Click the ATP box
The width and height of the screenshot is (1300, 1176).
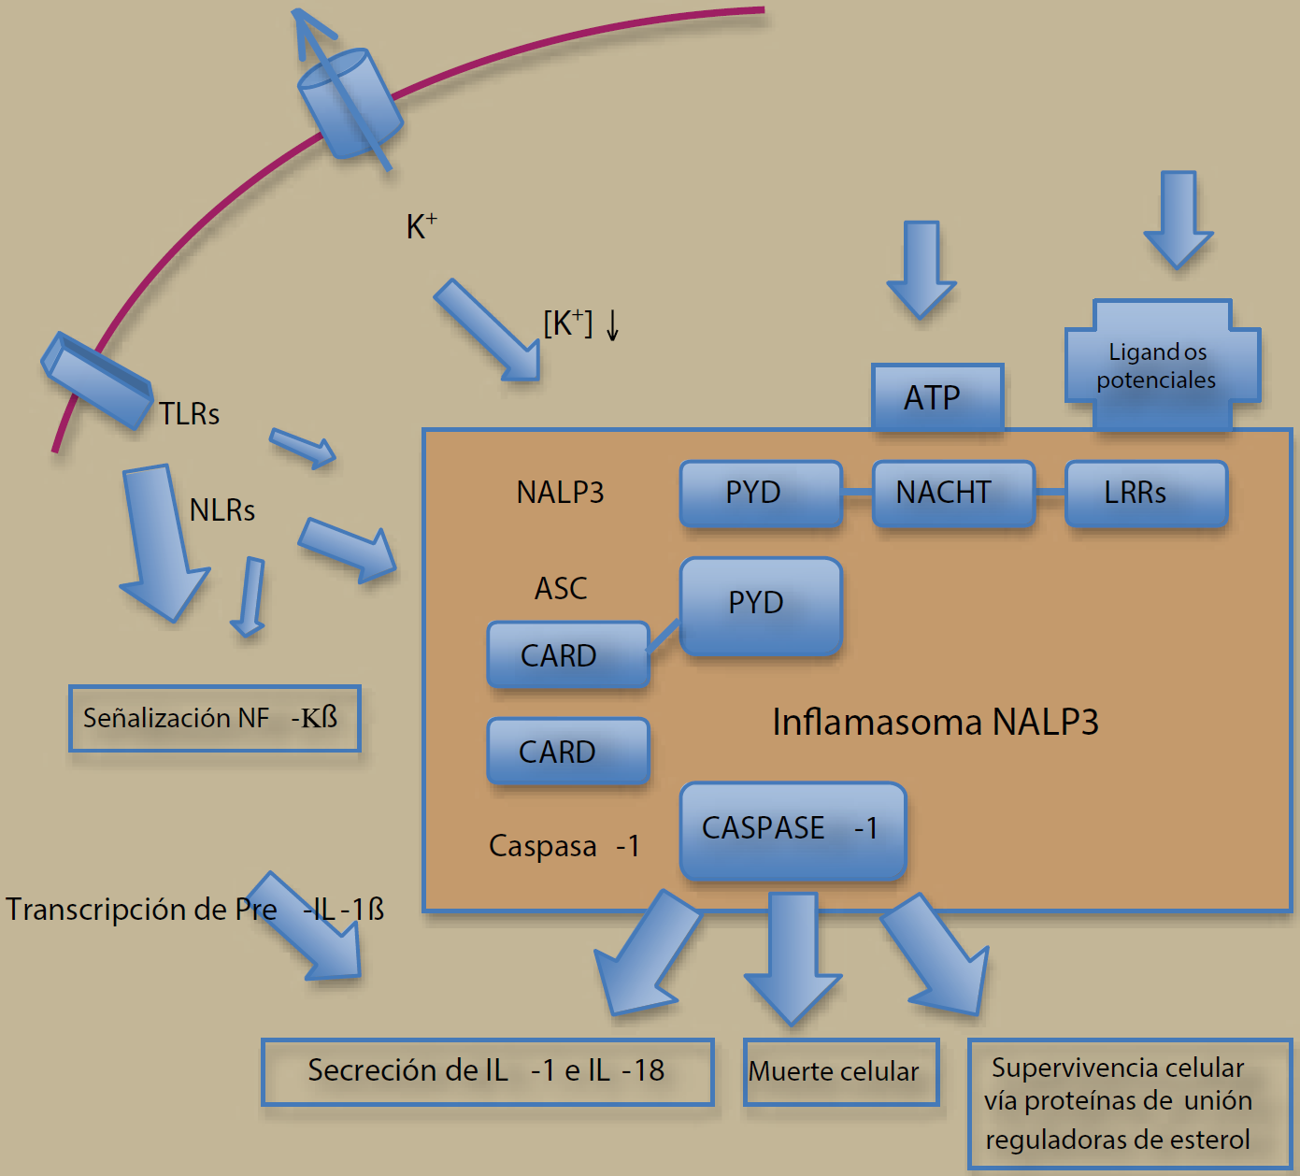937,397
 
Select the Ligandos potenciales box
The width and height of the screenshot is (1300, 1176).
1162,366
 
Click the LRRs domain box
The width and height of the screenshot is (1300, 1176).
1146,493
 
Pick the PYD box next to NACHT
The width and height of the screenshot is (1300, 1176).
761,493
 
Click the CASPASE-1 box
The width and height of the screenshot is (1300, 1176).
793,829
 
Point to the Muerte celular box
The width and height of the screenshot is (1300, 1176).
841,1071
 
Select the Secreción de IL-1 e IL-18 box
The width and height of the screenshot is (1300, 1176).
487,1071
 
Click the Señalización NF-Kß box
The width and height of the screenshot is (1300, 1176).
214,718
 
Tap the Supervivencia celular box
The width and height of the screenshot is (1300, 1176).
1129,1103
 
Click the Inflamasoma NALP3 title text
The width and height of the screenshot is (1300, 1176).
935,723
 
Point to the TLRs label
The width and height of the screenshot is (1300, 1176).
189,414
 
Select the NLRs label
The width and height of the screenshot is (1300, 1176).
221,510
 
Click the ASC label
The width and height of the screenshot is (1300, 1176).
561,589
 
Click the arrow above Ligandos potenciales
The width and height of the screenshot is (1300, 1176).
1179,219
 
